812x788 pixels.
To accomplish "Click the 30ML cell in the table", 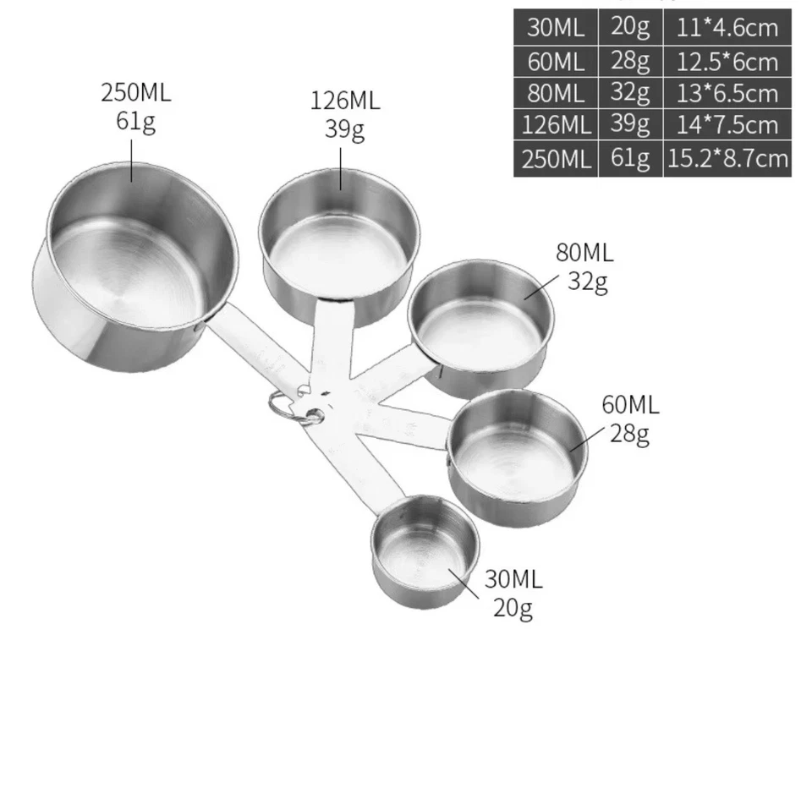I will coord(556,27).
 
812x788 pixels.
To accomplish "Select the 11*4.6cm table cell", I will coord(727,27).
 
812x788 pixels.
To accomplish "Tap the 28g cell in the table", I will coord(630,60).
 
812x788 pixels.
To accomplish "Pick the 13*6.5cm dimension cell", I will coord(727,92).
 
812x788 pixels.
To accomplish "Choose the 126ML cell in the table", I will coord(556,125).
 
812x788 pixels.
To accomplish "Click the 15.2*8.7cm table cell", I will coord(727,158).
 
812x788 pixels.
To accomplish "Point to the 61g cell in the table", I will coord(630,158).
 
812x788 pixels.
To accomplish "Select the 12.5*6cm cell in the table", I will coord(727,60).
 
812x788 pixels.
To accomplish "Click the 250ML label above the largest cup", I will coord(136,92).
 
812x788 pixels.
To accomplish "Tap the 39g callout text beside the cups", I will coord(344,129).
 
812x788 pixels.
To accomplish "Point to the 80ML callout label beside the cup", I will coord(584,252).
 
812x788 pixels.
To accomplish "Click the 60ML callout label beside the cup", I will coord(630,404).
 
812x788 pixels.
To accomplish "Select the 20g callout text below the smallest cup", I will coord(513,608).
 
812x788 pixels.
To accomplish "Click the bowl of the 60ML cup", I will coord(516,452).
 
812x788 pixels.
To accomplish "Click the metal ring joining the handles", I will coord(288,407).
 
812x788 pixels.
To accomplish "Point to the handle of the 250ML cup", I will coord(254,347).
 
